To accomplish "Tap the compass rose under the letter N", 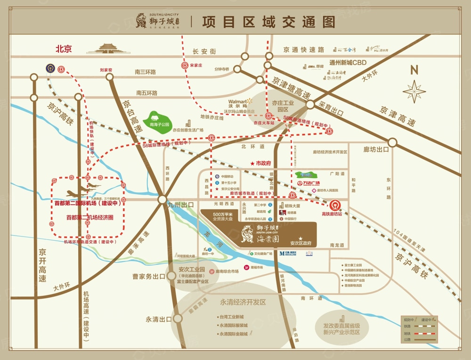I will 414,91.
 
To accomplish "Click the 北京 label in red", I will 64,49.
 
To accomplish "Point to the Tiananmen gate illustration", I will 108,48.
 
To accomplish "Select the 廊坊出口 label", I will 376,149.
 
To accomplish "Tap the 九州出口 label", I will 181,205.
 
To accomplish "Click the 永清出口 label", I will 159,319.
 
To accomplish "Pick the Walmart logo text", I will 238,102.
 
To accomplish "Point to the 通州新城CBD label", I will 348,63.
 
